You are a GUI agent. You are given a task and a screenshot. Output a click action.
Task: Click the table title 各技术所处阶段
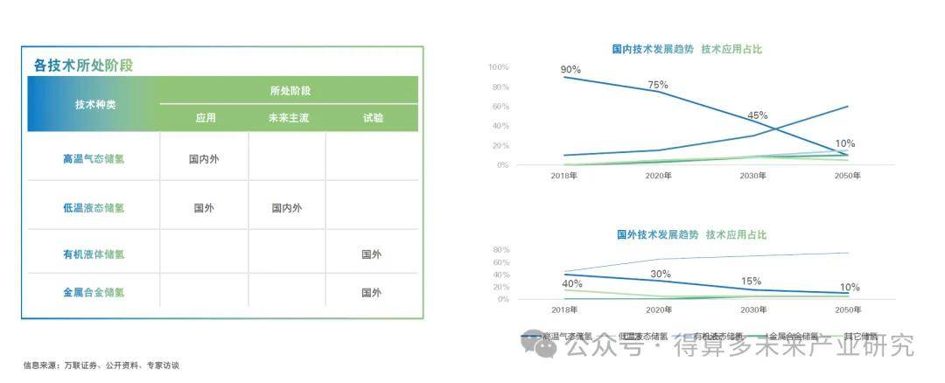point(83,65)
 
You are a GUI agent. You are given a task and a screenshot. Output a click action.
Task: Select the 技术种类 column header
point(94,104)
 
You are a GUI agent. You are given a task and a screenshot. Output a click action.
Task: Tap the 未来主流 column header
point(288,118)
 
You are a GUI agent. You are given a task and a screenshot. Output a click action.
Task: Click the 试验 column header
point(373,118)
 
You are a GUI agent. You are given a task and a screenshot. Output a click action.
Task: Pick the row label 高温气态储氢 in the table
point(94,159)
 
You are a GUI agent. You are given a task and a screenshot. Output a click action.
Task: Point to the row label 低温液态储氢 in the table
point(94,208)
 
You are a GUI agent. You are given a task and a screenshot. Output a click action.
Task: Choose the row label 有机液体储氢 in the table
point(94,254)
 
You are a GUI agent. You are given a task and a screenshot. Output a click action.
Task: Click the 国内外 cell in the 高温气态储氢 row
point(204,159)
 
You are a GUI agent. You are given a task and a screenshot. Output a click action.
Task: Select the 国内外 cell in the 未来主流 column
point(287,208)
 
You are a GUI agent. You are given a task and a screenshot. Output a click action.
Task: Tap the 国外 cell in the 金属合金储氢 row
point(372,293)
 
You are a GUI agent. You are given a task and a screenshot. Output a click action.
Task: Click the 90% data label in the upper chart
point(570,69)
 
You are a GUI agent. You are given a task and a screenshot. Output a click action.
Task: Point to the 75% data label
point(658,85)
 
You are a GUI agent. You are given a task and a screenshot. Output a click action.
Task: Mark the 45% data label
point(757,115)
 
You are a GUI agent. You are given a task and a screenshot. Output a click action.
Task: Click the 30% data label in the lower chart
point(660,274)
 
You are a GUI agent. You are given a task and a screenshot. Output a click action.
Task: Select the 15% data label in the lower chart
point(751,282)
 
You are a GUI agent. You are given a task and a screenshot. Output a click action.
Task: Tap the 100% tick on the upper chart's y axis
point(498,67)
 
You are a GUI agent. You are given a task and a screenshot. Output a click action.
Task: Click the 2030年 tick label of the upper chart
point(753,176)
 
